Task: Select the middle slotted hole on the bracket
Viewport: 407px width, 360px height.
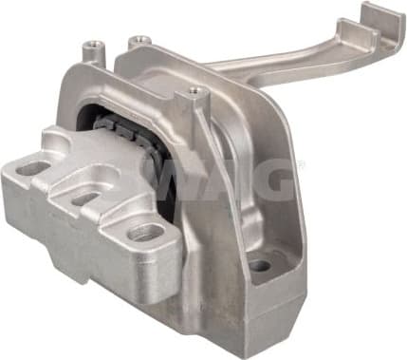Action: click(x=83, y=199)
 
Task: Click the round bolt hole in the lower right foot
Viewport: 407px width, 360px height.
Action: click(x=259, y=265)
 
